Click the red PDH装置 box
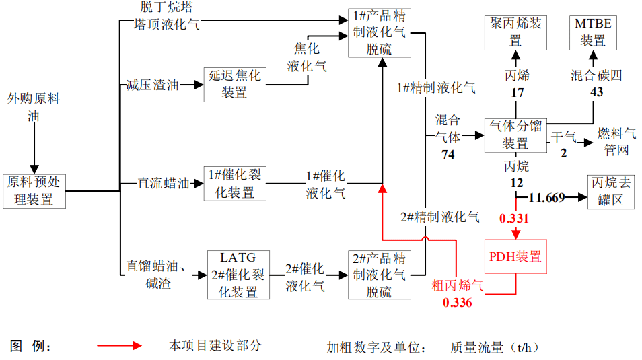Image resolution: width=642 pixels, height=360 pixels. (x=515, y=256)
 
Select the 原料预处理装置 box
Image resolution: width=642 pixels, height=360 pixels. (x=34, y=190)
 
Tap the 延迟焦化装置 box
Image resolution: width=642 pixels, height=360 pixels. (x=234, y=84)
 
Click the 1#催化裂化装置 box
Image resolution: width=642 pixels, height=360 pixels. (x=234, y=184)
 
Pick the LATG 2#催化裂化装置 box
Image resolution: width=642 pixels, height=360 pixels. (x=238, y=275)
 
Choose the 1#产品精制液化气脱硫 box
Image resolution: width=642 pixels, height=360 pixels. (x=378, y=32)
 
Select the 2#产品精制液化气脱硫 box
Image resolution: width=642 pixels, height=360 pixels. (x=378, y=275)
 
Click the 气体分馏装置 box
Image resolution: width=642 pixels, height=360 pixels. (x=515, y=135)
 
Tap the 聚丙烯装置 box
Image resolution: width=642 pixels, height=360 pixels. (x=515, y=32)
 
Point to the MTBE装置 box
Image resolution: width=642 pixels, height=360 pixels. (x=593, y=32)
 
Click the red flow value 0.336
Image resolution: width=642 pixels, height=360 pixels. (x=457, y=303)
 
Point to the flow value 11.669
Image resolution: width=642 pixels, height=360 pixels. (x=546, y=197)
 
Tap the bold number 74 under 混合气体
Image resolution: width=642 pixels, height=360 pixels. (x=448, y=155)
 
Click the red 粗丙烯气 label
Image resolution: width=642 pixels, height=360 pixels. (x=457, y=286)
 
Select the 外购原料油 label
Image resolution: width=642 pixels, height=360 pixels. (x=34, y=107)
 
